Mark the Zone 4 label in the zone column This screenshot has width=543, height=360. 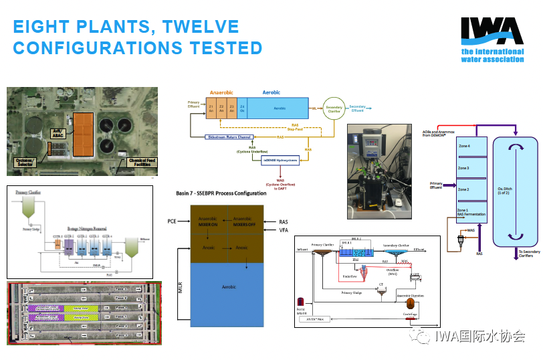(463, 146)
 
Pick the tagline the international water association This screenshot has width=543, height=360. (492, 56)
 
